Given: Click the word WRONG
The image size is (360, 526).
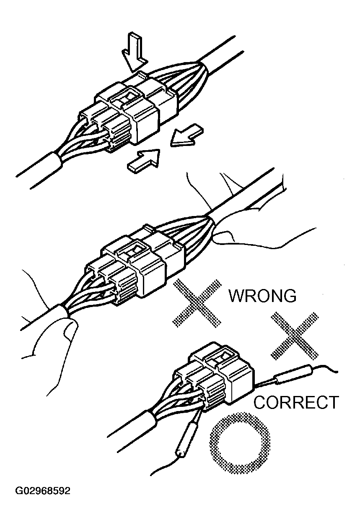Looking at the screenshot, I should pos(262,296).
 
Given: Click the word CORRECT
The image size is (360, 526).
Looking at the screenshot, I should pos(296,403).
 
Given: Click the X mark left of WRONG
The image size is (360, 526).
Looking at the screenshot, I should pos(197,302).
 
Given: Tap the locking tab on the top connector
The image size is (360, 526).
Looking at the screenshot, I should pos(126,97).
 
